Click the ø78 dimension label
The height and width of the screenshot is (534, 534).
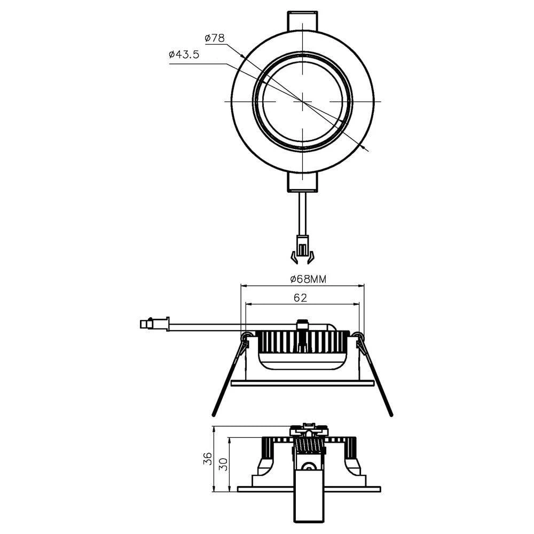click(215, 38)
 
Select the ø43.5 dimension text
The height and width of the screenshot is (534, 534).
click(184, 54)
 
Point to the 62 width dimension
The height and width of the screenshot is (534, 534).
click(301, 298)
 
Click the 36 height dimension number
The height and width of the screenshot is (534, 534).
click(208, 458)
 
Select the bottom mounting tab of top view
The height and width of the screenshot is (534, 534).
click(302, 182)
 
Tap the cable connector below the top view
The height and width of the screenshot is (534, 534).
click(302, 251)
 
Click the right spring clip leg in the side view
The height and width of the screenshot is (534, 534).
click(378, 379)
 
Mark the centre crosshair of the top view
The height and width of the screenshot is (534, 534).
click(302, 101)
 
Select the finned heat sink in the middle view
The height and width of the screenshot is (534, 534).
click(302, 342)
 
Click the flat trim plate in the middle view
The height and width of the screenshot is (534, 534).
click(302, 383)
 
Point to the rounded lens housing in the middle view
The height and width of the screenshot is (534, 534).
click(302, 362)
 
